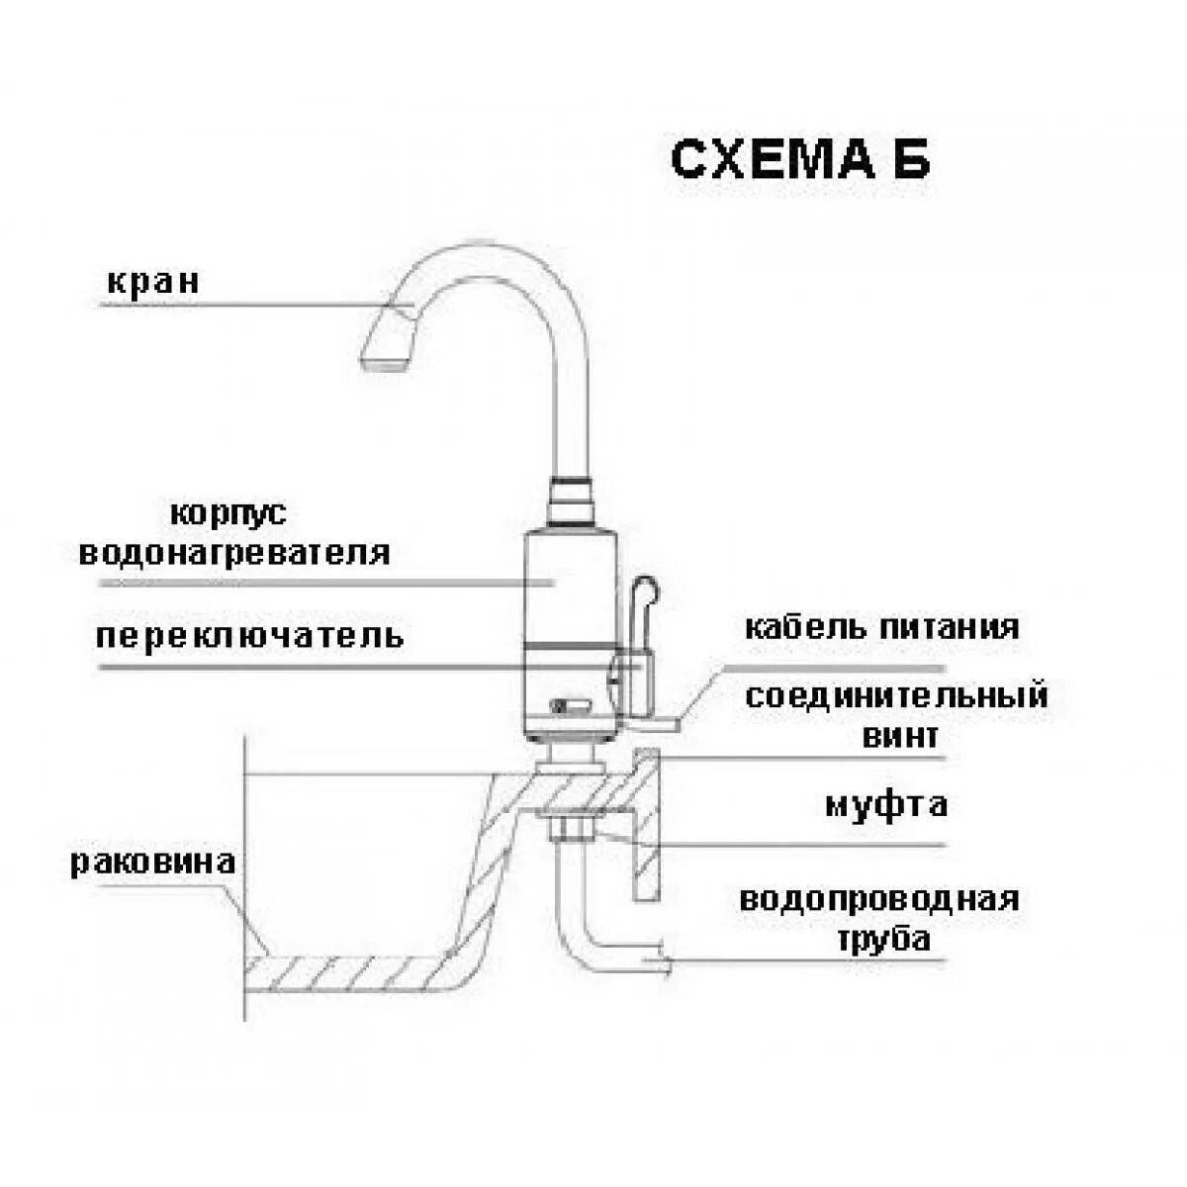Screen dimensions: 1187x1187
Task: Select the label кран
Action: pos(152,282)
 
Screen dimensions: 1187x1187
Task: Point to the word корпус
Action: pos(228,514)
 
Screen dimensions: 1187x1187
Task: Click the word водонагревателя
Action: pos(234,552)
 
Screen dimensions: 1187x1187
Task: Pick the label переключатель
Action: pos(250,634)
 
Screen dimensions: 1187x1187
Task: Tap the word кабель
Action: pos(795,627)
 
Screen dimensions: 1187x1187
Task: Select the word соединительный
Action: pos(896,695)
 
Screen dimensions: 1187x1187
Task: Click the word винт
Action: pos(899,736)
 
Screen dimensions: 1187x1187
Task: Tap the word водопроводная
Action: pos(879,899)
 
